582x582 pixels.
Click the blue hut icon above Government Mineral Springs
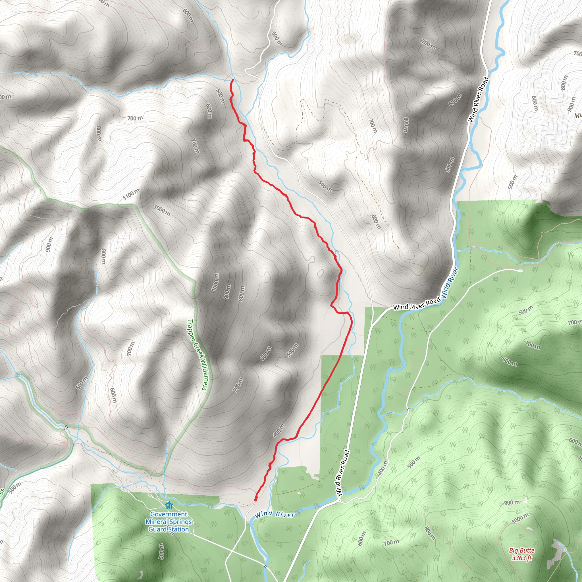[x=169, y=505]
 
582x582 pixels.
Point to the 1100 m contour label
[x=131, y=194]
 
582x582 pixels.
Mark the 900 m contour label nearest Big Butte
[x=512, y=502]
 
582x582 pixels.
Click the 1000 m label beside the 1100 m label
[x=162, y=210]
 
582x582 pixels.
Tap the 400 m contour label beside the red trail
[x=279, y=430]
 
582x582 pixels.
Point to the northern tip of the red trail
[x=233, y=80]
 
